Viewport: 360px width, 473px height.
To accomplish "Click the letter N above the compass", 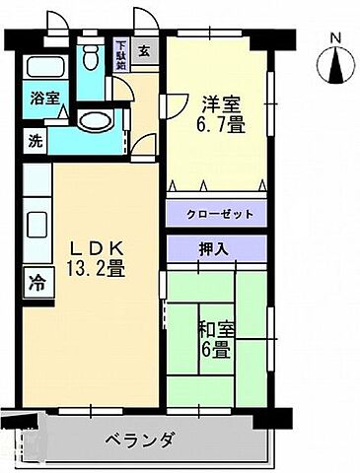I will (x=334, y=39).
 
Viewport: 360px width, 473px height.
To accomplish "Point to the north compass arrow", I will (x=334, y=66).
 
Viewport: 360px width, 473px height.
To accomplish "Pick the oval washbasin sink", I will (x=96, y=122).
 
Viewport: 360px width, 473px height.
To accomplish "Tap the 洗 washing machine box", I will (x=35, y=140).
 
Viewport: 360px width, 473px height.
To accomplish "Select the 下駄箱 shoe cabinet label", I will (x=121, y=50).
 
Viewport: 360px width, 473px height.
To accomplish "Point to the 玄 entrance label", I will (x=144, y=51).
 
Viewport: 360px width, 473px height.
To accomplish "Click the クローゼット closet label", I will (x=217, y=213).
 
